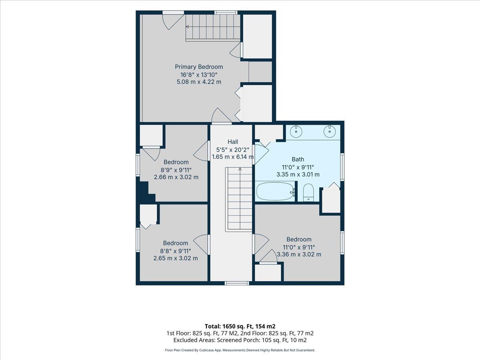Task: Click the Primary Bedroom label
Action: (x=199, y=67)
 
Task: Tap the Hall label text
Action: (x=233, y=142)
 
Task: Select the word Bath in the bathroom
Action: (x=298, y=159)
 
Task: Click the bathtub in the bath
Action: (x=275, y=192)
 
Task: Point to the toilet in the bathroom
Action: (x=308, y=192)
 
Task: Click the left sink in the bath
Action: (x=296, y=131)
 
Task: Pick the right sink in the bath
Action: (x=330, y=131)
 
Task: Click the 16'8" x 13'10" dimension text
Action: (x=199, y=75)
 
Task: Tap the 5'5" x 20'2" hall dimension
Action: (x=233, y=150)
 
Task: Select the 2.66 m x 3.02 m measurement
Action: (x=176, y=177)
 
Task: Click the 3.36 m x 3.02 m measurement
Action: (x=299, y=254)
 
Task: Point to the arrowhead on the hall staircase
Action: (x=240, y=169)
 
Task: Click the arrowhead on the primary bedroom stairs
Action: (x=188, y=27)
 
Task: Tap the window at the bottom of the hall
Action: (x=237, y=283)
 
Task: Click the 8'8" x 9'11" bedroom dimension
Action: (x=176, y=251)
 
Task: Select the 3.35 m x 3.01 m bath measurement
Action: (x=298, y=174)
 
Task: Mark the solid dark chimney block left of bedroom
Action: (x=145, y=190)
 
